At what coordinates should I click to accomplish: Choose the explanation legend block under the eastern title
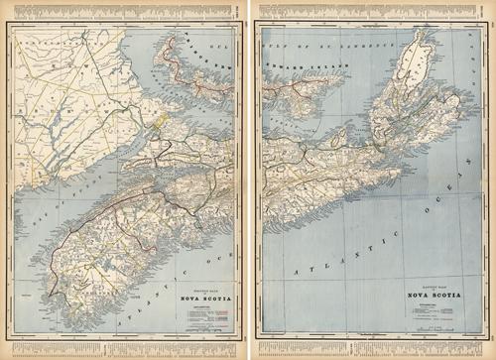tap(429, 310)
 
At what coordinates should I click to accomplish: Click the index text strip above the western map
tap(124, 7)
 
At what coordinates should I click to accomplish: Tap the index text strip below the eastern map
tap(372, 352)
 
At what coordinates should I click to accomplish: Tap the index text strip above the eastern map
tap(372, 7)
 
